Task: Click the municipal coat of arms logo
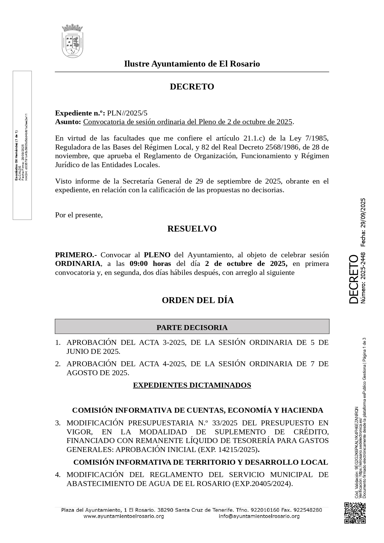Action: [72, 41]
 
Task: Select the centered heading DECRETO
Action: [192, 87]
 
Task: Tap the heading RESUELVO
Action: [192, 229]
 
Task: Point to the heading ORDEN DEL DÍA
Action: [198, 300]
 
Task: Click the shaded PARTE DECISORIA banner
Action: [192, 327]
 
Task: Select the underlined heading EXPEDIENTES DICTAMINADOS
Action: [192, 385]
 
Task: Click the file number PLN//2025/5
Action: [127, 113]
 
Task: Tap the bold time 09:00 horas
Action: [150, 264]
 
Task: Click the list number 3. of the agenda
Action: [58, 423]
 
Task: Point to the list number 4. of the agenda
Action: [58, 475]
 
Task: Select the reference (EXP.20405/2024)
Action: [262, 484]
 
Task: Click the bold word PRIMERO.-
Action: [76, 255]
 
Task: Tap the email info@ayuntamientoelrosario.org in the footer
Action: [259, 516]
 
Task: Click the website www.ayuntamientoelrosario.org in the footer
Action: [124, 516]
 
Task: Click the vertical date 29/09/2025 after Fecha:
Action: [363, 213]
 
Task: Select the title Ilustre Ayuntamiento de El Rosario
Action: [192, 64]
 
